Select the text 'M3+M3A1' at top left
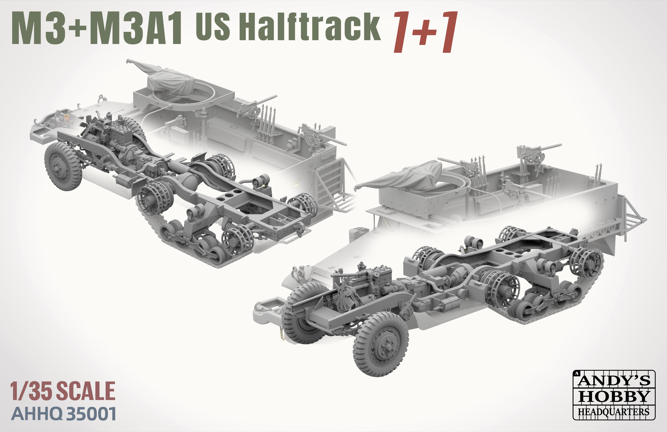tap(97, 28)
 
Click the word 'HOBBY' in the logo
tap(614, 396)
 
